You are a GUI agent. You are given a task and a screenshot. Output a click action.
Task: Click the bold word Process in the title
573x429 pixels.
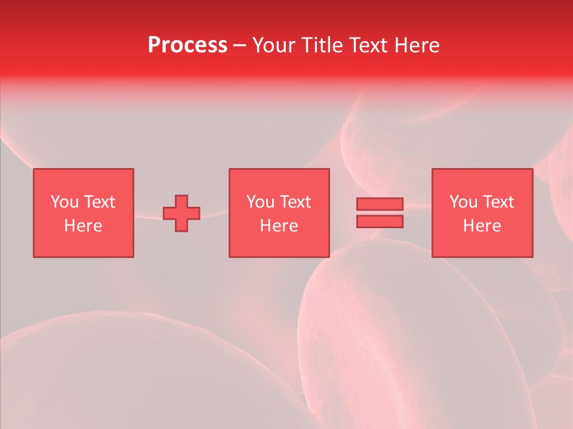(187, 45)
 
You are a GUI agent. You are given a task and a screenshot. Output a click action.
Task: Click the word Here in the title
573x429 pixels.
(418, 45)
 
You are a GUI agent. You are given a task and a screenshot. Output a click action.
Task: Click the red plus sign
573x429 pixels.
(181, 213)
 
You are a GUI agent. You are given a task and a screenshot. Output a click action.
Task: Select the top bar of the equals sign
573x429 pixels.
(380, 204)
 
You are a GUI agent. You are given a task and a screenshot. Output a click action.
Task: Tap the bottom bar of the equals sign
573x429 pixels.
(380, 222)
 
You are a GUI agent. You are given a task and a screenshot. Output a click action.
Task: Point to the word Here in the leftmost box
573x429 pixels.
(83, 226)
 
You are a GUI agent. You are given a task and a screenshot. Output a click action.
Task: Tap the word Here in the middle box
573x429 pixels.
(279, 226)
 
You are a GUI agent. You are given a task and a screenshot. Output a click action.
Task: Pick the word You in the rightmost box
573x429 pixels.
(463, 202)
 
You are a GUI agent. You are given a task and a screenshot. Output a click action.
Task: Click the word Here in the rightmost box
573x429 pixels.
(482, 226)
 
